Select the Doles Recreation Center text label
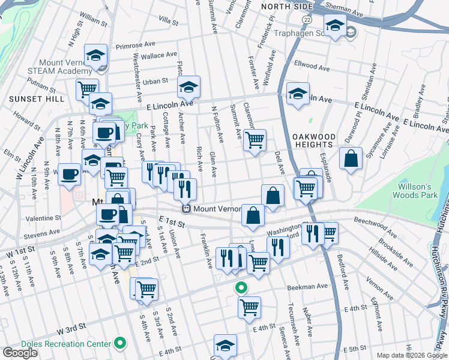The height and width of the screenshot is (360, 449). point(58,344)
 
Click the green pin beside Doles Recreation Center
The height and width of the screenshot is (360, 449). point(121,344)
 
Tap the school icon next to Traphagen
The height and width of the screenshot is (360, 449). point(334,26)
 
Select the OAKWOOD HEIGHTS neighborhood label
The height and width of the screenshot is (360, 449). point(314,140)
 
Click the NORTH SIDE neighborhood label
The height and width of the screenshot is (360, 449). point(287,6)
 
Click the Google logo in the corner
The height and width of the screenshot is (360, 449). point(20,352)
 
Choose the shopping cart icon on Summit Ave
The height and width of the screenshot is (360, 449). point(255,140)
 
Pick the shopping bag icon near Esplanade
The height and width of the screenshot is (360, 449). point(351,159)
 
